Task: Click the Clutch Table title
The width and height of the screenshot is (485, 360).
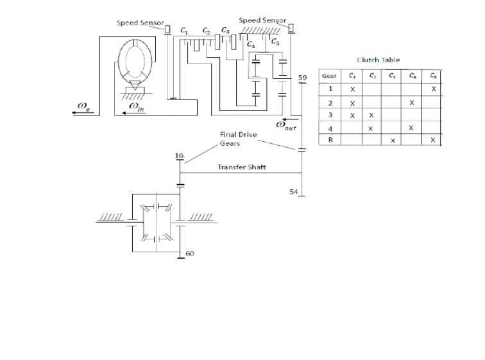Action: pyautogui.click(x=378, y=60)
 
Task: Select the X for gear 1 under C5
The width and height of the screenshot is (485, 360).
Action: pyautogui.click(x=434, y=89)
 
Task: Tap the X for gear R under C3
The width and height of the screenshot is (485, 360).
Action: pyautogui.click(x=392, y=141)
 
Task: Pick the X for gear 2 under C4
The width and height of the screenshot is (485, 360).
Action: pyautogui.click(x=411, y=102)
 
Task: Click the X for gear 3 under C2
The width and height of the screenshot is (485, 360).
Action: pyautogui.click(x=371, y=115)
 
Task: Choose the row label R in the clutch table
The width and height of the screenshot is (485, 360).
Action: pyautogui.click(x=330, y=141)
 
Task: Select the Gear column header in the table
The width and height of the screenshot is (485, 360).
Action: pyautogui.click(x=330, y=76)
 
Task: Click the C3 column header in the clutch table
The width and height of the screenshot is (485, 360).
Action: pyautogui.click(x=392, y=76)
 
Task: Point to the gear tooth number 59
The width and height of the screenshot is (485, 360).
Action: pyautogui.click(x=303, y=78)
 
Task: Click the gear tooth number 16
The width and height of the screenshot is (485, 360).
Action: pyautogui.click(x=179, y=156)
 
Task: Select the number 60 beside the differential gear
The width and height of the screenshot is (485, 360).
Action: pyautogui.click(x=190, y=254)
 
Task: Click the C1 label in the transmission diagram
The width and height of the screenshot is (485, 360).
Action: pyautogui.click(x=185, y=30)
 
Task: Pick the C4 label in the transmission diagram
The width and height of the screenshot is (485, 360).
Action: pyautogui.click(x=250, y=46)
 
